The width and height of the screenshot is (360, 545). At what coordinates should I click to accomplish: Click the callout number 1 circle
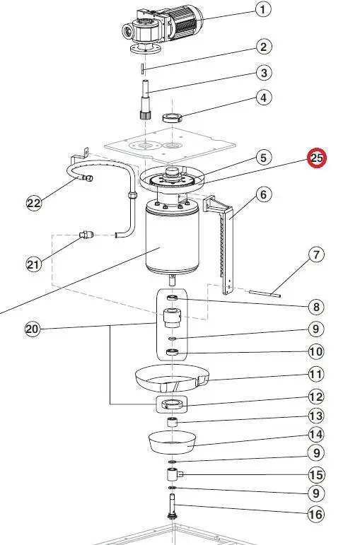tap(263, 9)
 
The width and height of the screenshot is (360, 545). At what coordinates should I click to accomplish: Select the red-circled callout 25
tap(315, 158)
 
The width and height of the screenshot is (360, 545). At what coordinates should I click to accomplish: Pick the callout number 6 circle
tap(263, 194)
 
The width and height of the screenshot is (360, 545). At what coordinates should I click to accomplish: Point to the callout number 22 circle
tap(34, 204)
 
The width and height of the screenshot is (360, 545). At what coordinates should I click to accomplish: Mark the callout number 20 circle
tap(32, 329)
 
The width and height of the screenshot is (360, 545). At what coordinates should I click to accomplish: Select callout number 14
tap(315, 434)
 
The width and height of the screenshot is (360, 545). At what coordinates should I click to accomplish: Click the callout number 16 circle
tap(315, 514)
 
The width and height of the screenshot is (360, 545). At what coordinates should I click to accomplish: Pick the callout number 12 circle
tap(315, 397)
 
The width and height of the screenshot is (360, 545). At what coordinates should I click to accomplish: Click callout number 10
tap(315, 351)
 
